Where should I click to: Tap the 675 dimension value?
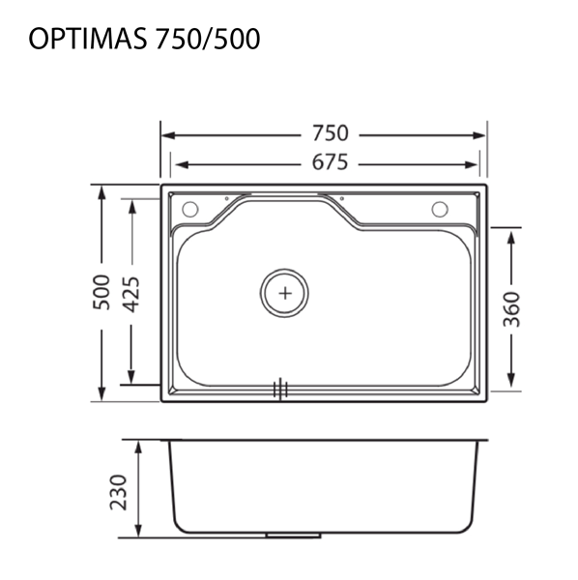coord(329,162)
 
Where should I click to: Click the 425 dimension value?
coord(131,294)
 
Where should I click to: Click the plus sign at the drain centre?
coord(285,291)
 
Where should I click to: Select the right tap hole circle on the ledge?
coord(440,209)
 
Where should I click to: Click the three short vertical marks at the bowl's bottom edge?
coord(281,389)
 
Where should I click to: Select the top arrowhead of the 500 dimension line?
coord(101,189)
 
